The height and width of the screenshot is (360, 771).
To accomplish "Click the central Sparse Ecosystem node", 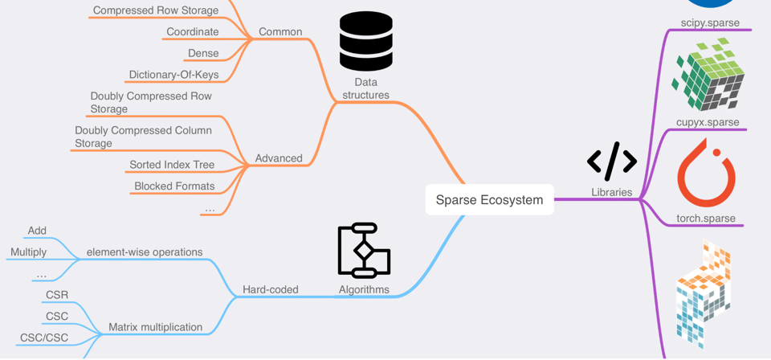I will (x=489, y=199).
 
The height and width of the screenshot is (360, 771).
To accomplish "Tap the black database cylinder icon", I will (x=366, y=41).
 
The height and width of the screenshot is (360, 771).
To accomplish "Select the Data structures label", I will (x=365, y=88).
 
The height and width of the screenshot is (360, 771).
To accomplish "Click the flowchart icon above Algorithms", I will (x=364, y=251).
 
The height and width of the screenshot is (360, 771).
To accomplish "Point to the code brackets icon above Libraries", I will (x=612, y=161).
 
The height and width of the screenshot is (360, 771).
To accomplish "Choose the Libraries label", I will (x=612, y=192).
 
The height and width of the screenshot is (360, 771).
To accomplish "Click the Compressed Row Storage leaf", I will (x=156, y=10).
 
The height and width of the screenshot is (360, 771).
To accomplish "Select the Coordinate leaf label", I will (x=193, y=32).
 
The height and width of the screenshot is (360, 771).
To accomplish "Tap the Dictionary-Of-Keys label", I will (x=173, y=75).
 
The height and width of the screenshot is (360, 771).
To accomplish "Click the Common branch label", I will (x=280, y=32).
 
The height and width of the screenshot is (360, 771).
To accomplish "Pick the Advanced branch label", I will (x=279, y=158).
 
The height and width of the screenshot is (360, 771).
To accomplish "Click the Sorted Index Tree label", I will (x=172, y=165).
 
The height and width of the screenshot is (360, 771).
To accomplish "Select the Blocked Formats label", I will (x=174, y=186).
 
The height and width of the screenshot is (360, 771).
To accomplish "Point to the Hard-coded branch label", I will (x=271, y=289).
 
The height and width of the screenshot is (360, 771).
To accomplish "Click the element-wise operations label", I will (x=145, y=252).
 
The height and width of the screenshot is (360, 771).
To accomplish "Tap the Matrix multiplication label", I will (x=155, y=327).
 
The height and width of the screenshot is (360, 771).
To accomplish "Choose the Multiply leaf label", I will (x=28, y=252).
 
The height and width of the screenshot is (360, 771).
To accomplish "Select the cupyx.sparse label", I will (x=708, y=122).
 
